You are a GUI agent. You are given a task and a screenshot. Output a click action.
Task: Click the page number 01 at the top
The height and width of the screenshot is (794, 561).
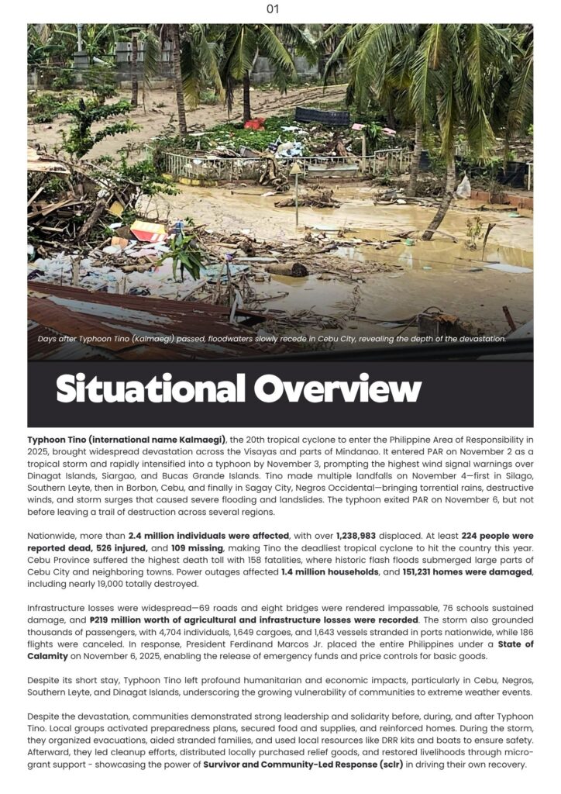[x=272, y=9]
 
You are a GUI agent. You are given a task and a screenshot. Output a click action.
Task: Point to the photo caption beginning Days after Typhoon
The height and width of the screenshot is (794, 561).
[x=271, y=339]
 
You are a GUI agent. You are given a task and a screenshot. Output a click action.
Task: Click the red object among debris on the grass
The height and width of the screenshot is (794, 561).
[x=254, y=124]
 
